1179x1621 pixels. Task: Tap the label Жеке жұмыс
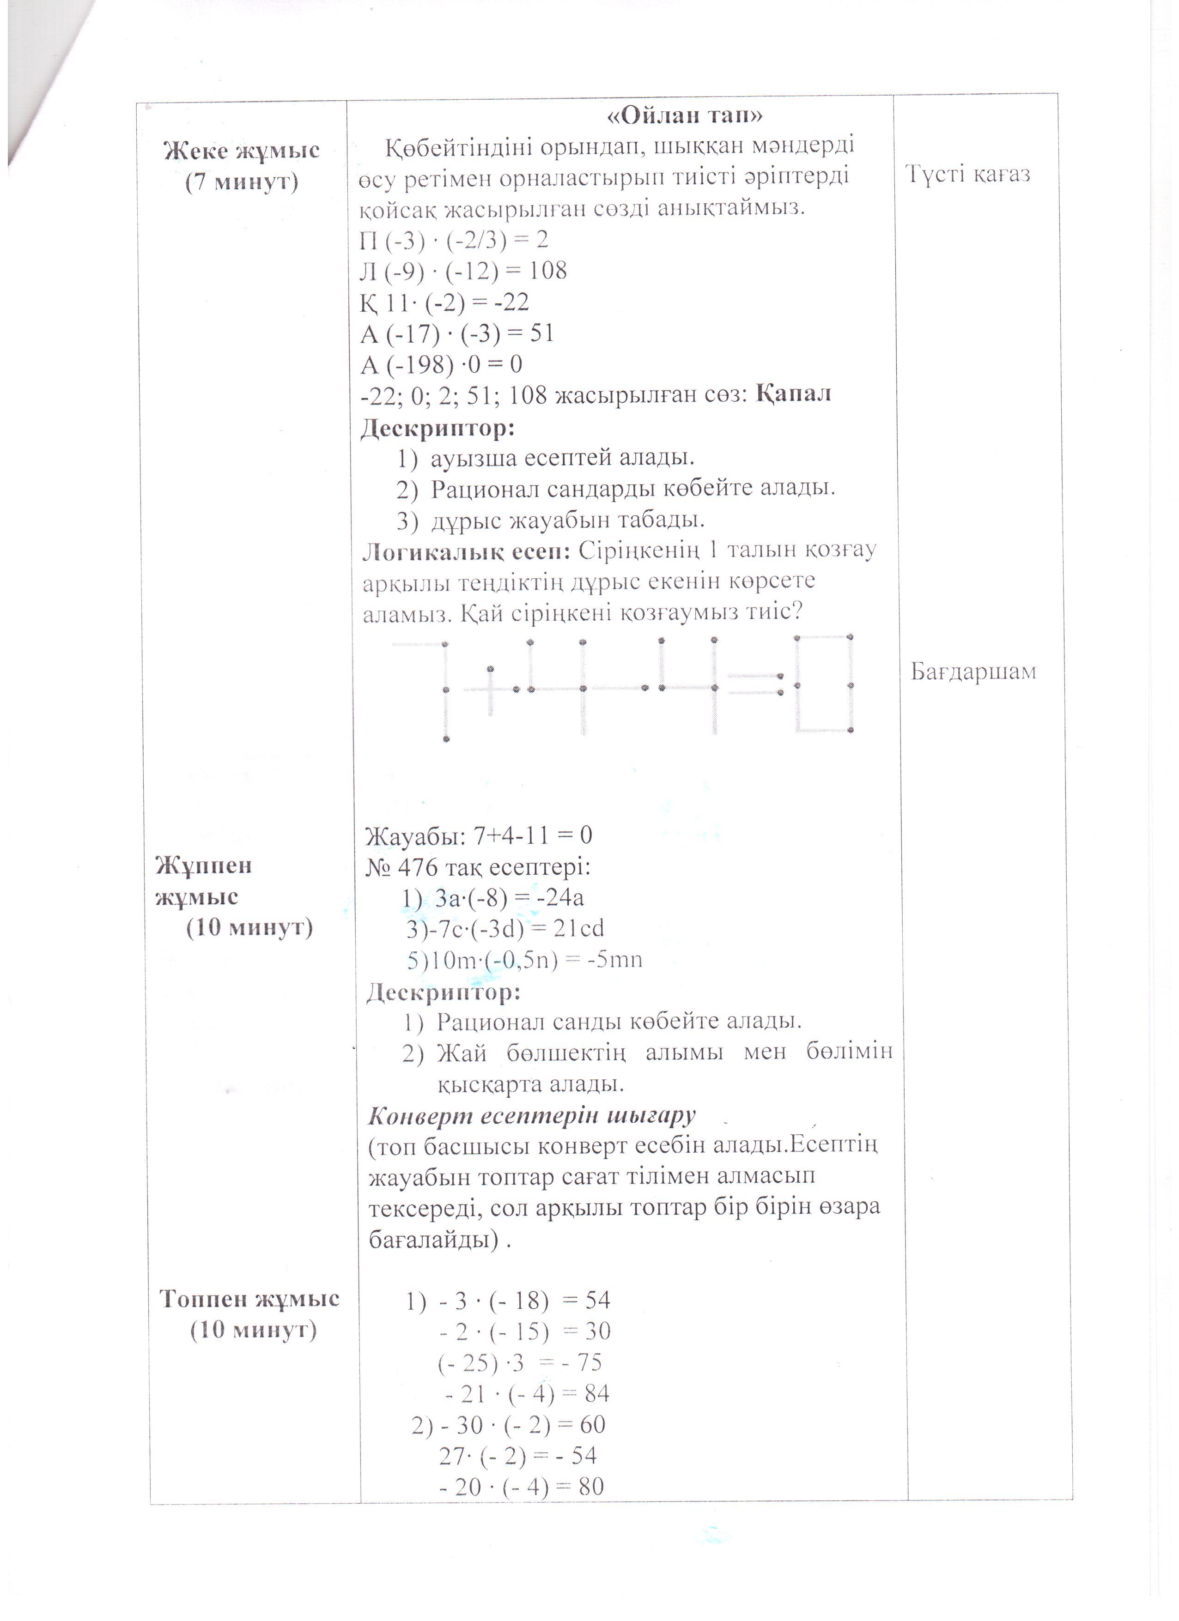(x=242, y=151)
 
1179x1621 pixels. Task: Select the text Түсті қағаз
(x=970, y=175)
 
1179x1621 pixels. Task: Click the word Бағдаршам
(x=973, y=672)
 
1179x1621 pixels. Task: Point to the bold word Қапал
(x=794, y=394)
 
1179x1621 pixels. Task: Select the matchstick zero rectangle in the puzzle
(x=824, y=683)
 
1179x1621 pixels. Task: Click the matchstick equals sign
(x=754, y=684)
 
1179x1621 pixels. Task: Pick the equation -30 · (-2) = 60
(x=509, y=1424)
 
